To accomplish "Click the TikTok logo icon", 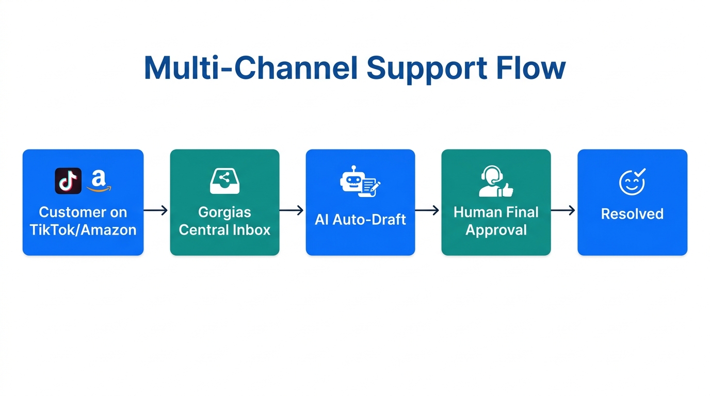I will [x=68, y=181].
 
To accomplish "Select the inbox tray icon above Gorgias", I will [x=224, y=181].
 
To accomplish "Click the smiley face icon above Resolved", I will [x=632, y=181].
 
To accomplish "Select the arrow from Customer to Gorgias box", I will [x=156, y=210].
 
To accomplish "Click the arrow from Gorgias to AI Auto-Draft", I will [x=292, y=210].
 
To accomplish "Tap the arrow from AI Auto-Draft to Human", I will [x=428, y=210].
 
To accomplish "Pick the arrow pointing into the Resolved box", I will [x=563, y=210].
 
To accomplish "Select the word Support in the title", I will [x=428, y=68].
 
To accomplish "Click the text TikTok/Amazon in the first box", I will [x=83, y=229].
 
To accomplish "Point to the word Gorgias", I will [x=224, y=212].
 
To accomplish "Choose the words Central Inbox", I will [x=224, y=229].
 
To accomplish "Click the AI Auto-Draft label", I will [x=360, y=220].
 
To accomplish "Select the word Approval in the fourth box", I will [x=496, y=229].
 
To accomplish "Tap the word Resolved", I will [x=632, y=214].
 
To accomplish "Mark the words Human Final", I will [x=496, y=212].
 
